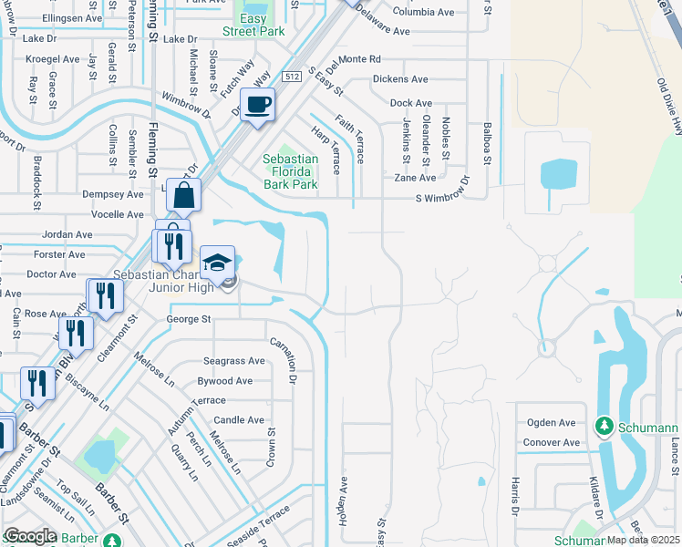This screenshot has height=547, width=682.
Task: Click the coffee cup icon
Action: [258, 103]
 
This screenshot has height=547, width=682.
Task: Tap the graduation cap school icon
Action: [217, 263]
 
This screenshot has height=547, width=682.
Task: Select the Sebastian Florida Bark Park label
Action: [291, 171]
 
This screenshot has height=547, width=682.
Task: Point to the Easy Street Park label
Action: [253, 25]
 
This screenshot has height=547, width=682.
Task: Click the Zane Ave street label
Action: [415, 178]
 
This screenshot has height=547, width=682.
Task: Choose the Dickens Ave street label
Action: [400, 79]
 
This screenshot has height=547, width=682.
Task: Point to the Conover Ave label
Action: [551, 443]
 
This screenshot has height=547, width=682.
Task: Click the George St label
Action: [189, 319]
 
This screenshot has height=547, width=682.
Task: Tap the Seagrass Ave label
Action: [234, 361]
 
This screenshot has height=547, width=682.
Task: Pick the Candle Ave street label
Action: [239, 420]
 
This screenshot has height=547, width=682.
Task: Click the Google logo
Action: [29, 536]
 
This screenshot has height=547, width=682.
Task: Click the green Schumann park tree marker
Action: [603, 426]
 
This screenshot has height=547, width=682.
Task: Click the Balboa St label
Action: [488, 144]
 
